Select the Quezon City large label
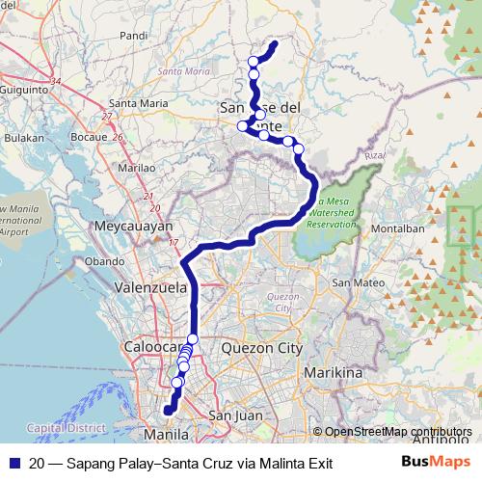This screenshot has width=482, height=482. pyautogui.click(x=261, y=348)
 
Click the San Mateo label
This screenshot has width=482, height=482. pyautogui.click(x=353, y=283)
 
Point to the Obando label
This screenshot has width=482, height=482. pyautogui.click(x=105, y=261)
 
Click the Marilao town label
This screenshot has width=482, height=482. pyautogui.click(x=135, y=167)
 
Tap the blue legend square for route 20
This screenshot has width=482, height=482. pyautogui.click(x=15, y=463)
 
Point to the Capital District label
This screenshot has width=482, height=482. pyautogui.click(x=61, y=427)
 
